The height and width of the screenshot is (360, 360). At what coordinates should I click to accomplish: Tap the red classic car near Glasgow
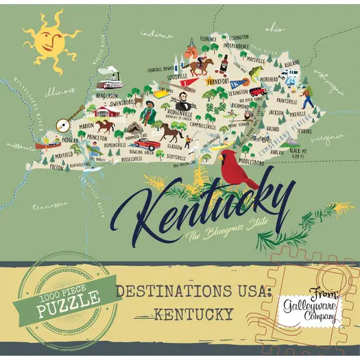pyautogui.click(x=145, y=144)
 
